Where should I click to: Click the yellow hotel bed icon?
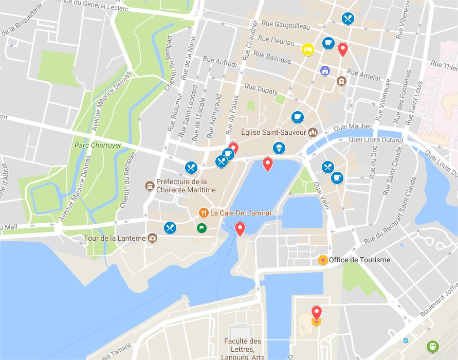point(307,49)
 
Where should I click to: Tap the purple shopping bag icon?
point(325,70)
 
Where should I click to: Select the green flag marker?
point(201,228)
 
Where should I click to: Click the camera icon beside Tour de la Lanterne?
point(152,238)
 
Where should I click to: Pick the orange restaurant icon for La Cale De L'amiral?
point(204,212)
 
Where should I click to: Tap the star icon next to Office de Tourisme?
point(322,260)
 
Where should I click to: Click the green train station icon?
point(433,347)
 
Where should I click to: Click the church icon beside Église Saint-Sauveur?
point(313,133)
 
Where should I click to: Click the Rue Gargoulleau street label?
point(285,24)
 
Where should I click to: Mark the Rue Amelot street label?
point(364,75)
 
